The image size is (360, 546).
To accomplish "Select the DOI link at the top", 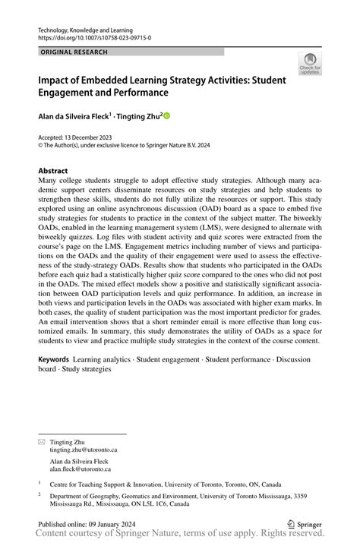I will point(94,36).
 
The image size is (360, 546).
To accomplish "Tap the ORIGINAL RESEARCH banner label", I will point(74,52).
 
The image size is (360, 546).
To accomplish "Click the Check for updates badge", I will point(309,65).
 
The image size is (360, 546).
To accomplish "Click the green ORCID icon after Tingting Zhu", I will point(167,116).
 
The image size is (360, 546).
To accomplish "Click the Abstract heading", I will point(53,171).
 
